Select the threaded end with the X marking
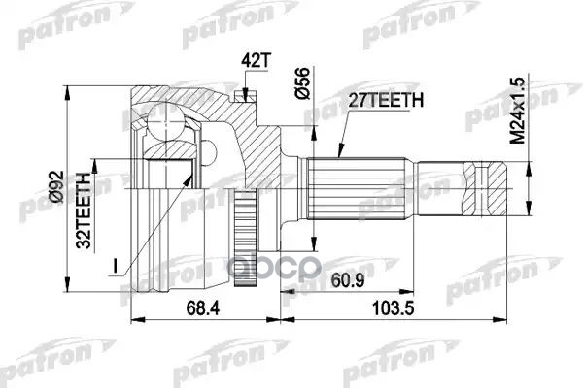click(486, 186)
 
